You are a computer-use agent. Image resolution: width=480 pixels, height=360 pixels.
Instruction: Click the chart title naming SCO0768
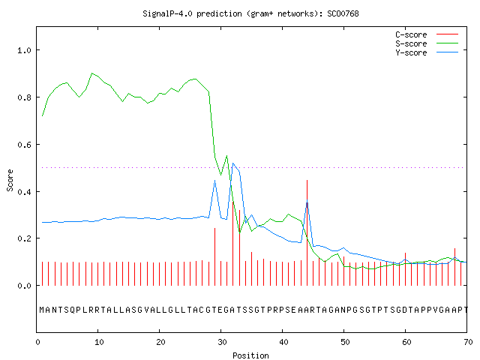click(x=250, y=13)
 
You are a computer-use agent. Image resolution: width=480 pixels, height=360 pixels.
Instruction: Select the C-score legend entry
click(x=427, y=34)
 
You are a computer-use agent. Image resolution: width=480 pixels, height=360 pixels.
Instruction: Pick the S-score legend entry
click(x=427, y=43)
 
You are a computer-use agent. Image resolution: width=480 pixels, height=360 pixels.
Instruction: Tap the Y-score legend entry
click(x=427, y=52)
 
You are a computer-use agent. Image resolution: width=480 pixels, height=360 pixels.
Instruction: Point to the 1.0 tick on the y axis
click(x=24, y=50)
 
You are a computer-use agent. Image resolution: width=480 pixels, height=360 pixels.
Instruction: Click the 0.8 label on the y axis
click(x=24, y=97)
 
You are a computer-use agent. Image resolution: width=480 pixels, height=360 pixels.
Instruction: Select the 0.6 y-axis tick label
click(x=24, y=145)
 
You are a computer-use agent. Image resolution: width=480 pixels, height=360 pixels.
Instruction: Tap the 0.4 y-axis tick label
click(x=24, y=192)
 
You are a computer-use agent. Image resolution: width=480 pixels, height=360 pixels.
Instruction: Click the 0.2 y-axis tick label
click(x=24, y=238)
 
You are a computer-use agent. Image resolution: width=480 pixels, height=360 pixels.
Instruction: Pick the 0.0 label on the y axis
click(x=24, y=286)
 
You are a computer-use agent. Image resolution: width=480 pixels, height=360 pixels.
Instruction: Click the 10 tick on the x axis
click(x=99, y=342)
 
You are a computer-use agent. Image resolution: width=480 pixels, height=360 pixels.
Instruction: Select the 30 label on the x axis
click(x=222, y=342)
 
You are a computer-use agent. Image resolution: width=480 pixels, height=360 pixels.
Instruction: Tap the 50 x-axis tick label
click(x=345, y=342)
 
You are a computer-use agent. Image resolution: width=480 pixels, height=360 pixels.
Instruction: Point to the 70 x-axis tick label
click(x=468, y=342)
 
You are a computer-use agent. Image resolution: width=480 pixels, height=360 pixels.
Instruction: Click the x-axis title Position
click(x=250, y=355)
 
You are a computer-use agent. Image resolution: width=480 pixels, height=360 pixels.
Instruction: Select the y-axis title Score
click(x=10, y=180)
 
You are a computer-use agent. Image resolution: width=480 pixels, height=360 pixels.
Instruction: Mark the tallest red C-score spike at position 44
click(x=307, y=232)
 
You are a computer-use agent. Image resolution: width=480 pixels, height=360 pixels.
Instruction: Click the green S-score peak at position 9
click(x=91, y=73)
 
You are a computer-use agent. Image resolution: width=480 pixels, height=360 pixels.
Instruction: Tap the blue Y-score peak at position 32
click(x=233, y=163)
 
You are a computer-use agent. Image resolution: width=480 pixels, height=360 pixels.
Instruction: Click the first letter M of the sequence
click(x=42, y=310)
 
